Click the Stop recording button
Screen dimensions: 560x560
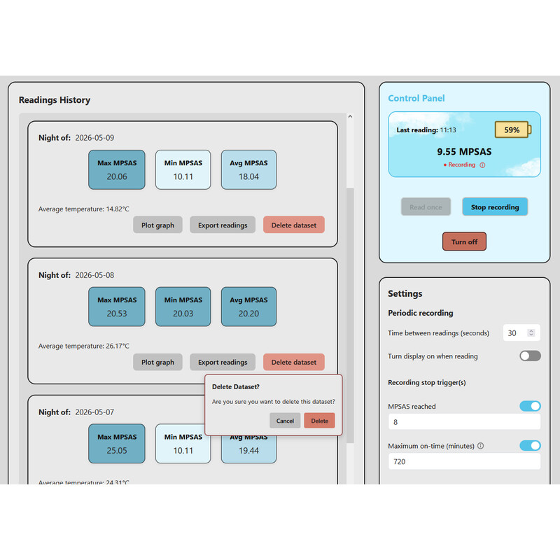(495, 206)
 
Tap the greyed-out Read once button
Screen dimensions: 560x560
(426, 206)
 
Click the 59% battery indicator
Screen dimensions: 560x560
(512, 129)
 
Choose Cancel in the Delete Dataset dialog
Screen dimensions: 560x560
(285, 421)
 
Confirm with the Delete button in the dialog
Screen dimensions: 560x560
(319, 421)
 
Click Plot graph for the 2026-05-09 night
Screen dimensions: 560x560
(158, 225)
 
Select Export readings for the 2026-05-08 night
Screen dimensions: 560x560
(223, 362)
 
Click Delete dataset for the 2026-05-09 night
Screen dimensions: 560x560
(294, 225)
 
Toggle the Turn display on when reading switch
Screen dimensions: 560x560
(530, 356)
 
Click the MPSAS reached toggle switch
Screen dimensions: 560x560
(530, 406)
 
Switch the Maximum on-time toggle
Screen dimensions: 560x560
(530, 445)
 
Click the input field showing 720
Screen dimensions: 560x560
(464, 461)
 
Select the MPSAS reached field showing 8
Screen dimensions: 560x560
(464, 422)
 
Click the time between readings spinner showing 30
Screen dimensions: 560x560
(521, 333)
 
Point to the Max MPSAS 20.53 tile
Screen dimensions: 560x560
(117, 307)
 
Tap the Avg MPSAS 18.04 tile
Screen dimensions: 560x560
(248, 169)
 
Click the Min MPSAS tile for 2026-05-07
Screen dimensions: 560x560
(183, 444)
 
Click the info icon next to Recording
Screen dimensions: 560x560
(482, 165)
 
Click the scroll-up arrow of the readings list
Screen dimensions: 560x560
(350, 116)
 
